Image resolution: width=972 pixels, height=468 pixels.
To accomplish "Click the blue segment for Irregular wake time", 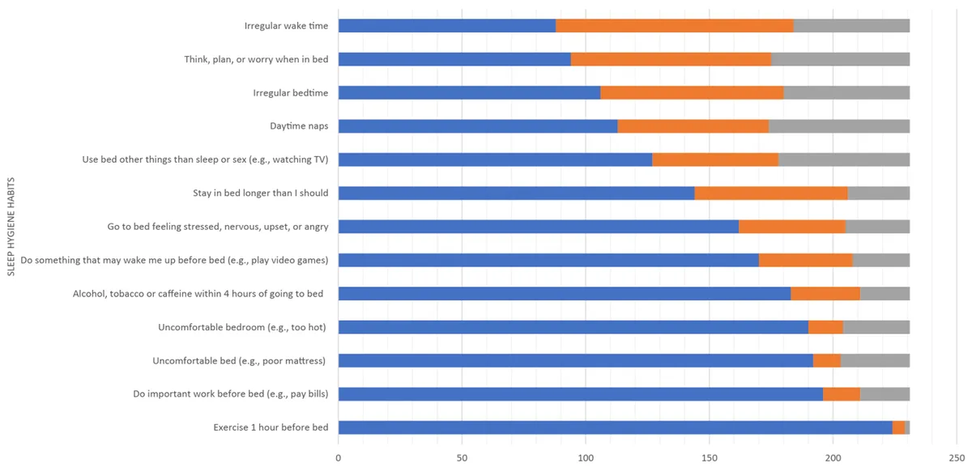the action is pyautogui.click(x=447, y=26).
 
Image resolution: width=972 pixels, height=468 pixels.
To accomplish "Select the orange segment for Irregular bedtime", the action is pyautogui.click(x=692, y=93).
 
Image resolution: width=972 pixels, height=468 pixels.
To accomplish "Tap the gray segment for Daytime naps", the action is pyautogui.click(x=839, y=126).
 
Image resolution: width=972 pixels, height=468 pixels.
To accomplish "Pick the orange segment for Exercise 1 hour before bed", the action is pyautogui.click(x=898, y=428).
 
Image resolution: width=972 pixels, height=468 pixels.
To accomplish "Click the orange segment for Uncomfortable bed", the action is pyautogui.click(x=827, y=360).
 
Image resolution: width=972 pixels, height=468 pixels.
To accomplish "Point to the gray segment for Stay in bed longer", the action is pyautogui.click(x=879, y=193).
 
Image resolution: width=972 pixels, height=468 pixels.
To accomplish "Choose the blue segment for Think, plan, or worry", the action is pyautogui.click(x=454, y=59).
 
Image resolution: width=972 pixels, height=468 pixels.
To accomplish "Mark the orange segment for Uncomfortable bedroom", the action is pyautogui.click(x=825, y=327).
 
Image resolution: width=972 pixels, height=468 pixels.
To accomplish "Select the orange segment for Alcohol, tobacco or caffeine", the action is pyautogui.click(x=825, y=294).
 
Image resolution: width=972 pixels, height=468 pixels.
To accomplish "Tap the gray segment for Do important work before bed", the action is pyautogui.click(x=885, y=394).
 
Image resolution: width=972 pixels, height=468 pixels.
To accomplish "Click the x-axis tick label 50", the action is pyautogui.click(x=462, y=458).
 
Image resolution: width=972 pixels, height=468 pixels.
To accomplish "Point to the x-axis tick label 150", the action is pyautogui.click(x=710, y=458).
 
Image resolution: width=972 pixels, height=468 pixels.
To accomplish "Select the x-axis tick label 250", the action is pyautogui.click(x=957, y=458).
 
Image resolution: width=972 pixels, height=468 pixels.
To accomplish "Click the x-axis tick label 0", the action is pyautogui.click(x=339, y=458).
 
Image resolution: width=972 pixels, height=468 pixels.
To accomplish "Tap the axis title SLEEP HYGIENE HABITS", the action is pyautogui.click(x=11, y=227).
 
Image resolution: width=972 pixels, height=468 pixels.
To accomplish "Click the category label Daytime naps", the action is pyautogui.click(x=299, y=126).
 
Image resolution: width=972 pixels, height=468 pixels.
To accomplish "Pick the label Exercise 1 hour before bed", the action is pyautogui.click(x=271, y=428).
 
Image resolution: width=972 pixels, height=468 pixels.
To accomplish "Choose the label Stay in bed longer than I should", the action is pyautogui.click(x=260, y=193).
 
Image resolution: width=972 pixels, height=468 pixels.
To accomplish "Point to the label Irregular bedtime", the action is pyautogui.click(x=291, y=92).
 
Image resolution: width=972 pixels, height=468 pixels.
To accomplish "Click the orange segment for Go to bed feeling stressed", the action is pyautogui.click(x=792, y=227).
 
